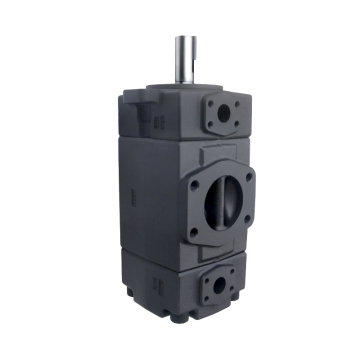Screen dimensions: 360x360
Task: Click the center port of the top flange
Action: (221, 115)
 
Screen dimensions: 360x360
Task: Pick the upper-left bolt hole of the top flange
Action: (208, 103)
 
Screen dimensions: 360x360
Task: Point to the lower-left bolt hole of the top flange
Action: (208, 128)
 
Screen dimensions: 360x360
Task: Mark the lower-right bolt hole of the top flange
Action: (236, 126)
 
